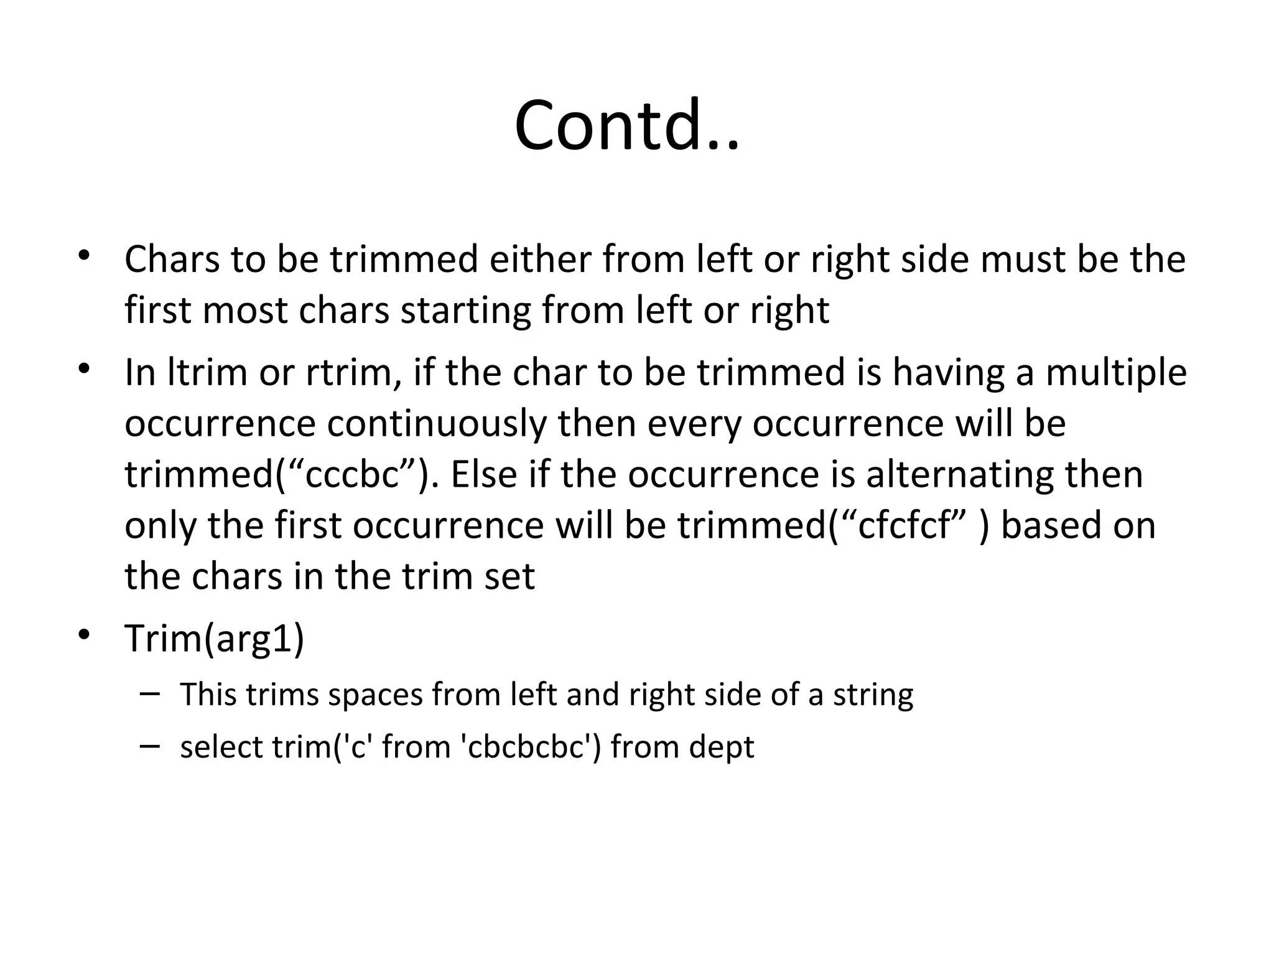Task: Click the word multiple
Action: point(1116,373)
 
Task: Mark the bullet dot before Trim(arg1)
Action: point(85,635)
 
